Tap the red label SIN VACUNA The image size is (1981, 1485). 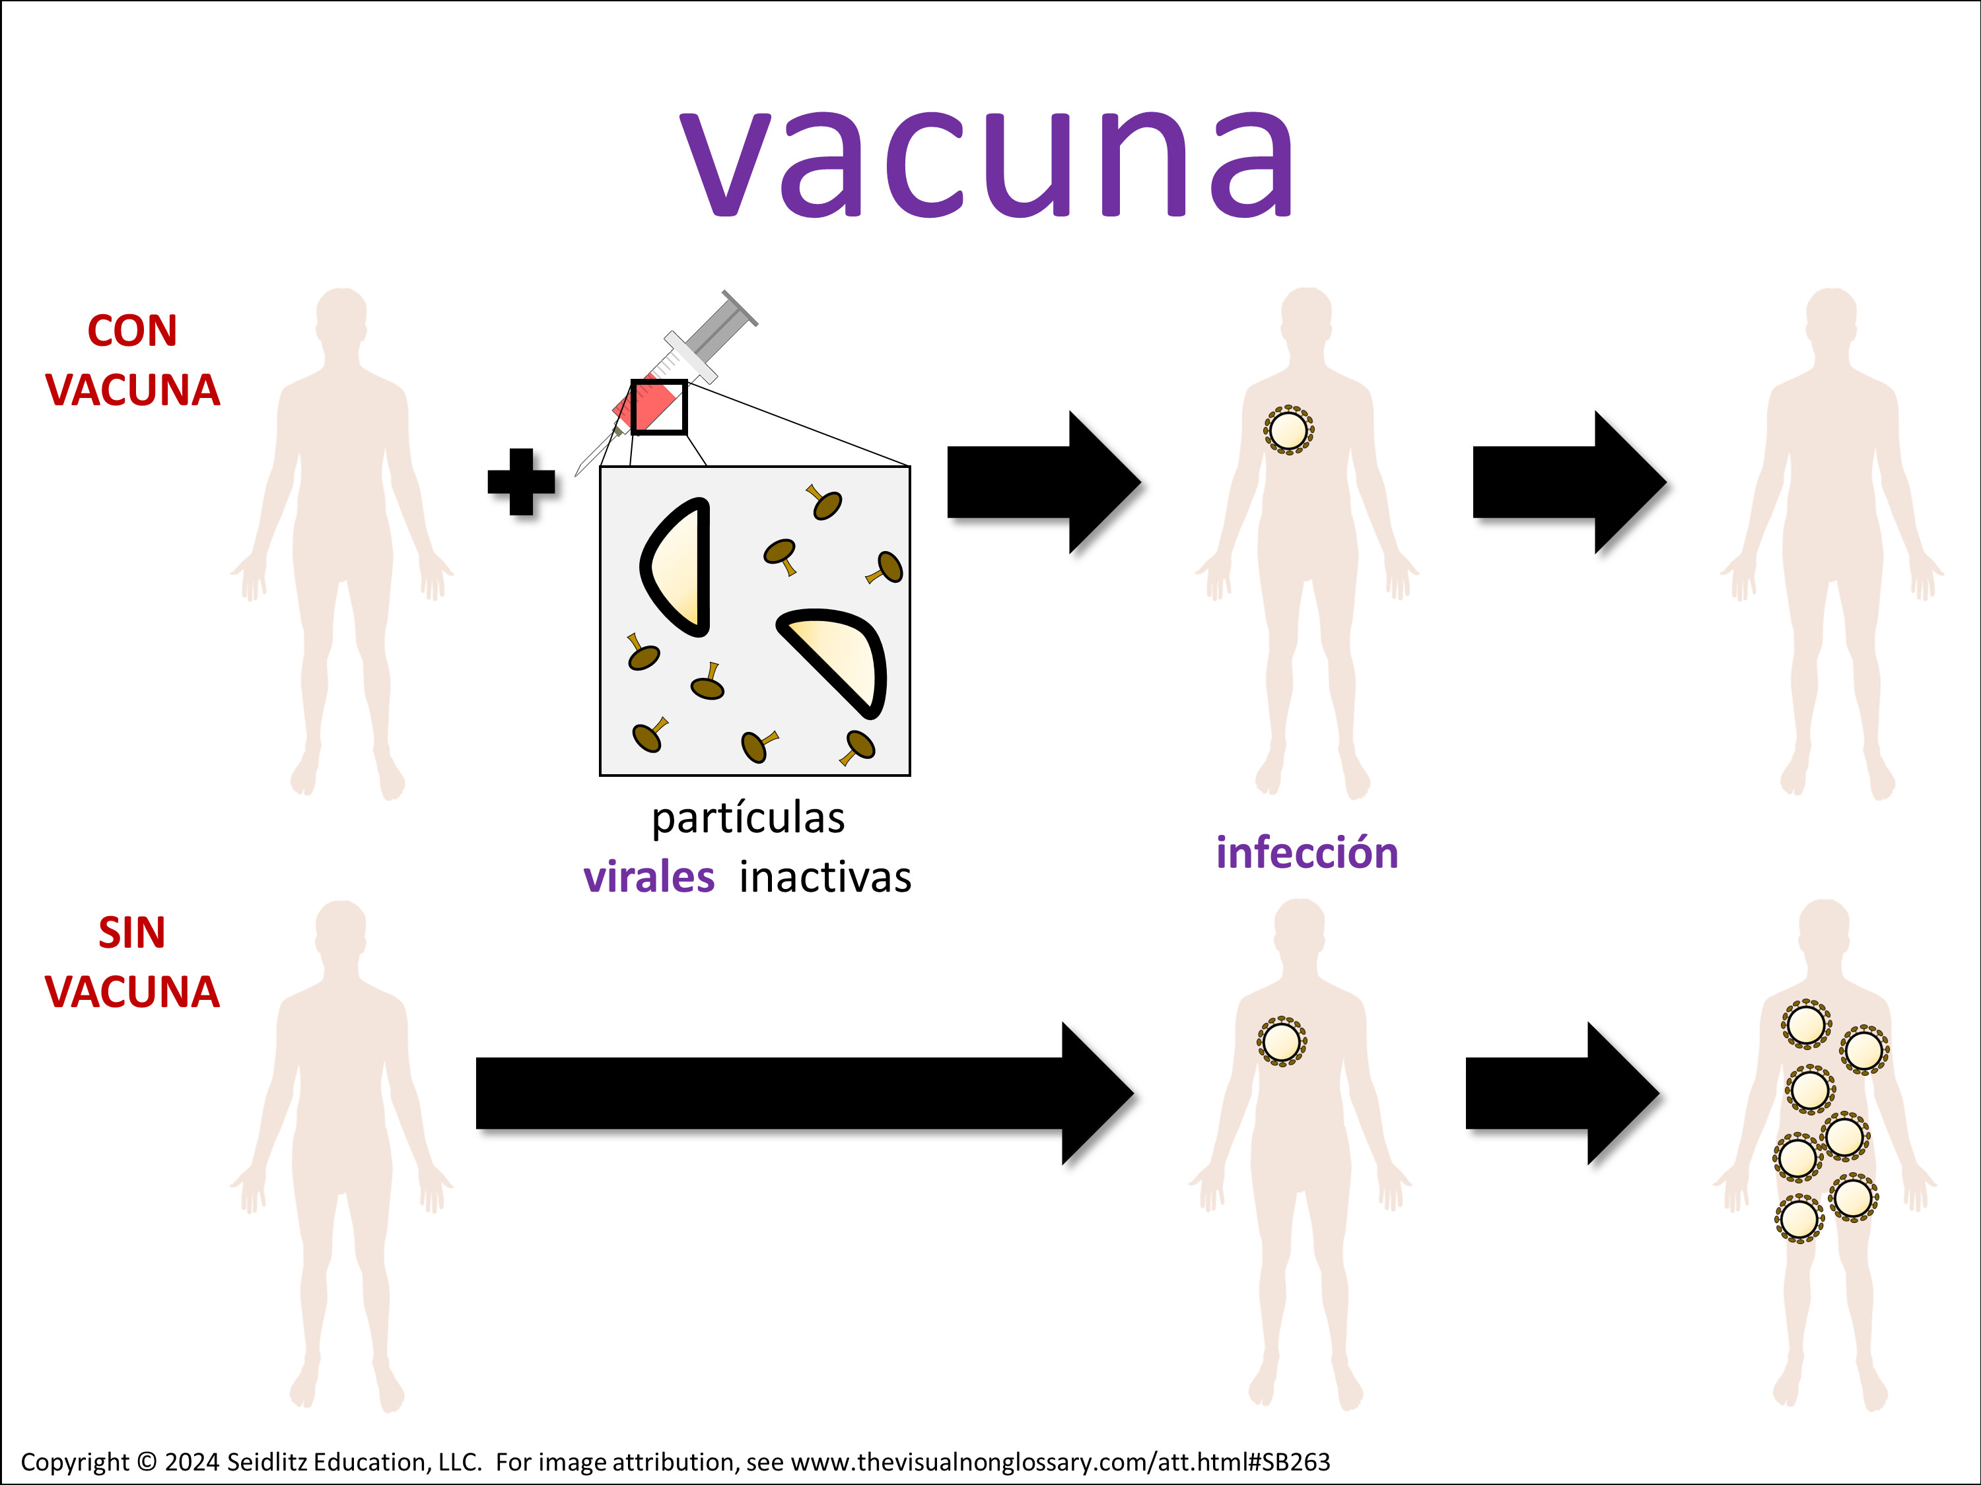133,962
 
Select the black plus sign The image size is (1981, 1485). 521,482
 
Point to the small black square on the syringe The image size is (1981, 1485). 659,407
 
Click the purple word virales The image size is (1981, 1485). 648,877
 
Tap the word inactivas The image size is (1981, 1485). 825,877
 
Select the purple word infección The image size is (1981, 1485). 1307,852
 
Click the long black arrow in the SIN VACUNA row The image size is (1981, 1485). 805,1093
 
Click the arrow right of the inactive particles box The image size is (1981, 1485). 1044,482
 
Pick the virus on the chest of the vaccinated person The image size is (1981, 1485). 1289,430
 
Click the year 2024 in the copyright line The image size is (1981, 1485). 191,1462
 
